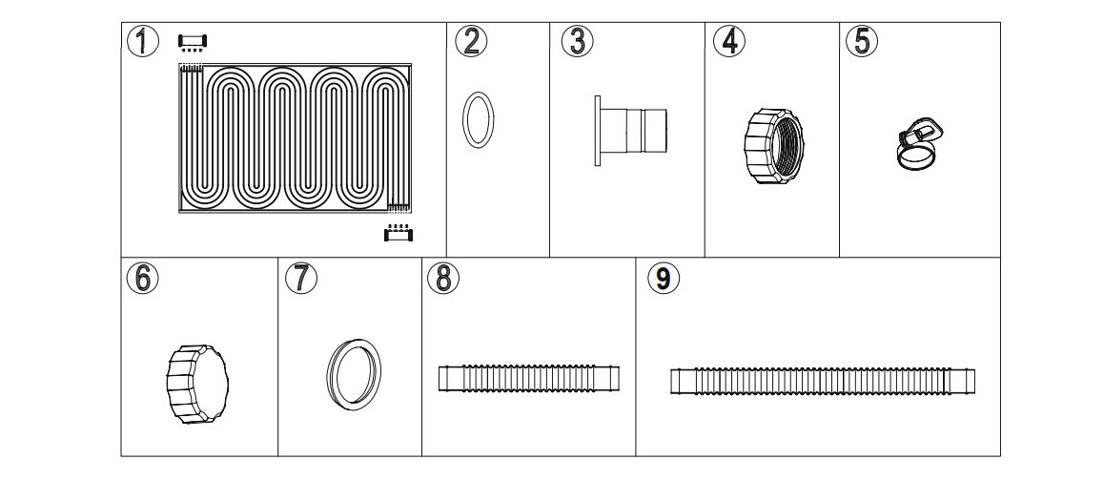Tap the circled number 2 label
470,41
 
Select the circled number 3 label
577,41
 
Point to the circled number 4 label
729,42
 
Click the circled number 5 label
862,41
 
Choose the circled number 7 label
300,278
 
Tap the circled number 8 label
443,278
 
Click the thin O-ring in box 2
479,120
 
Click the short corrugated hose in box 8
528,378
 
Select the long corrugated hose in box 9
822,383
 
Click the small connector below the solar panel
398,233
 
